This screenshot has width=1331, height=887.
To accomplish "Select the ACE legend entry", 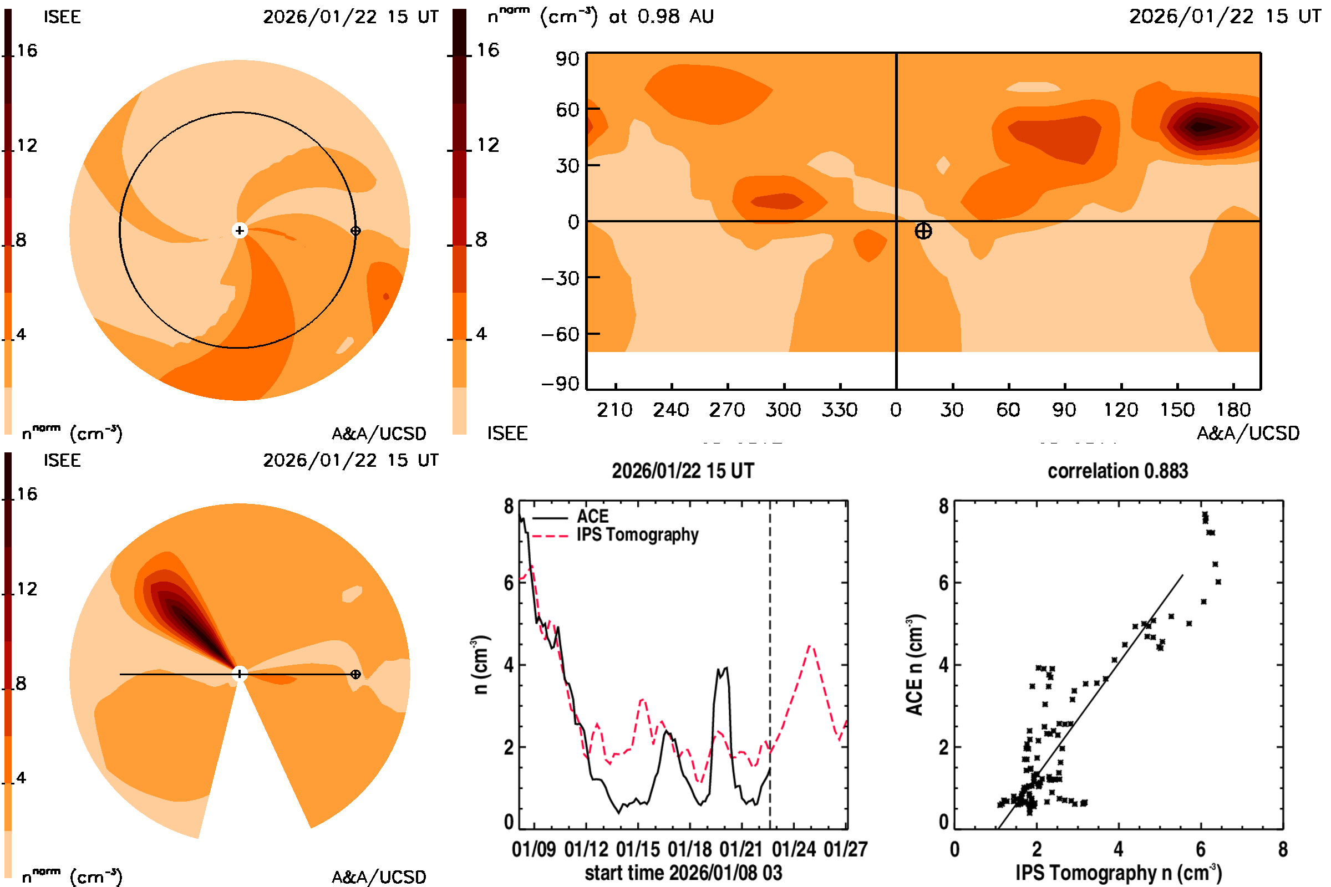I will click(x=592, y=517).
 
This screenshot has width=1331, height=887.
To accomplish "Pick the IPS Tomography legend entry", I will click(x=637, y=534).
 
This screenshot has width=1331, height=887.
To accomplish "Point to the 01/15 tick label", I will click(x=638, y=849).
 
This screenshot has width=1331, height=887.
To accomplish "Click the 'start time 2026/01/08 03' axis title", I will click(x=683, y=873).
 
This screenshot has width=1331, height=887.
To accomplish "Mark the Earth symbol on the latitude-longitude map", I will click(x=923, y=231).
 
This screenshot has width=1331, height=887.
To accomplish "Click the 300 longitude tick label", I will click(x=783, y=410).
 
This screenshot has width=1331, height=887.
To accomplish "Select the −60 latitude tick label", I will click(x=560, y=334).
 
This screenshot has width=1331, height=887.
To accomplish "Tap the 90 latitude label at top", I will click(x=567, y=59).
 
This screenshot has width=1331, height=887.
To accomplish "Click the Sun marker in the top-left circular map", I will click(x=240, y=230).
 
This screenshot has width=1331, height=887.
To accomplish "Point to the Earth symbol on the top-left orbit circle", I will click(x=355, y=231).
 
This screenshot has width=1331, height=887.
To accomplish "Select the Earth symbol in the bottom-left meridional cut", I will click(x=355, y=674).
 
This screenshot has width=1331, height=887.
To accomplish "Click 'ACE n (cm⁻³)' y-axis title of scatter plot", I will click(x=915, y=665).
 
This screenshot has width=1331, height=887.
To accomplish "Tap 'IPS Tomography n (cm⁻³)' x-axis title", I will click(x=1118, y=873).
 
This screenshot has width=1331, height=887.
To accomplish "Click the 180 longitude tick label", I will click(x=1233, y=410).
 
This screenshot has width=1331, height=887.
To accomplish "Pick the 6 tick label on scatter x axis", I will click(x=1201, y=849).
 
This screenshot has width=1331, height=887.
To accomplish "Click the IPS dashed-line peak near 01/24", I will click(x=811, y=645).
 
